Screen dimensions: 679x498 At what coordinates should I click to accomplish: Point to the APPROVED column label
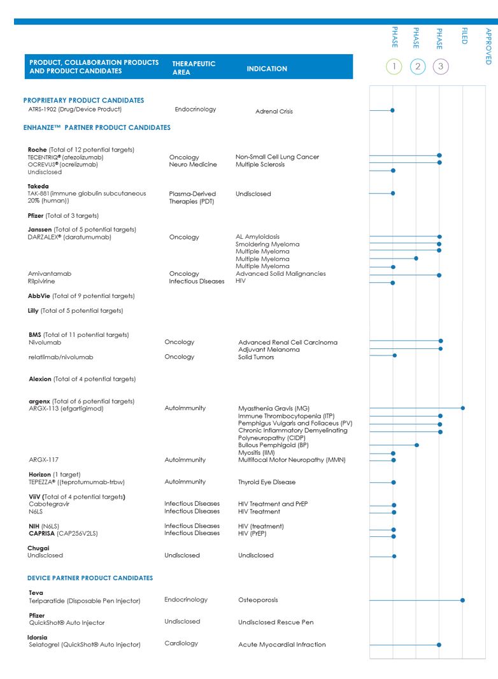488,45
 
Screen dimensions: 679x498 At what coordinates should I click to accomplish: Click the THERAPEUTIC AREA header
194,68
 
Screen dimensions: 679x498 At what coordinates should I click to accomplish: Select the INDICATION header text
266,69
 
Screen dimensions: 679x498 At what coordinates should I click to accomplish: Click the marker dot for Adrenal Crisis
392,110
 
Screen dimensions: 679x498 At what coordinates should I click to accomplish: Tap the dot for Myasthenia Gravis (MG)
463,408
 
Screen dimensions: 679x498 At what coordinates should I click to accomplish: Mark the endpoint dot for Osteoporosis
463,600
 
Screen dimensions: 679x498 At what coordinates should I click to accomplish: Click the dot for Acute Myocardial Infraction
439,645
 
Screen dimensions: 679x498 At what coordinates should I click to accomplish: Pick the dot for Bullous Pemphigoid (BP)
416,445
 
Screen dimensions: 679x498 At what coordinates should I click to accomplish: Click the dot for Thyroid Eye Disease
394,482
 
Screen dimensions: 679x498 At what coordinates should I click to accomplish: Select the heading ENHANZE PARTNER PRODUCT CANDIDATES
97,128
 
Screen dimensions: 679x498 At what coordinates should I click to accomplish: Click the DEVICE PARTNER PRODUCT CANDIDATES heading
90,578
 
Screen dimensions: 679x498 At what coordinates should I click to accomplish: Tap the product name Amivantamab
49,274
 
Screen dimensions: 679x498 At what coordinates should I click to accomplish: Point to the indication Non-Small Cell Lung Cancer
277,157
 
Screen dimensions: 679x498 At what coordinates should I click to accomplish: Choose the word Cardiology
181,643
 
